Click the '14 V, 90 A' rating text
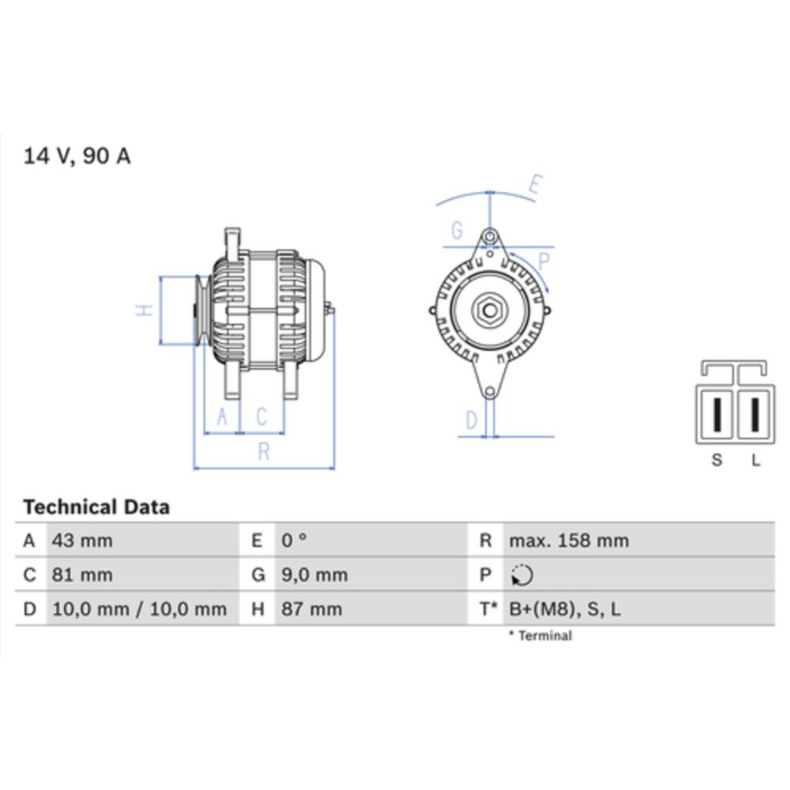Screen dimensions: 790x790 coord(77,156)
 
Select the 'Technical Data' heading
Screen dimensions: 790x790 coord(96,506)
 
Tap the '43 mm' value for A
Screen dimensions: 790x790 coord(82,541)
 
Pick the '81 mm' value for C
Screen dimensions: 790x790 coord(82,575)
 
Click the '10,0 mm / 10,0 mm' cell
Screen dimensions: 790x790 coord(139,609)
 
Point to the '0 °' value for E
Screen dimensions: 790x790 coord(294,541)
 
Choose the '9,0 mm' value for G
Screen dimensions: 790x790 coord(314,575)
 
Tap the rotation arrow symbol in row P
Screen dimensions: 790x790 coord(522,576)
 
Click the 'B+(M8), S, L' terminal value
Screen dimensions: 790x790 coord(565,609)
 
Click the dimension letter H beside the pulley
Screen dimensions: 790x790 coord(143,310)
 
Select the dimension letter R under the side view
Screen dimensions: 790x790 coord(264,452)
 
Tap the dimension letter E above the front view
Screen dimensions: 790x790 coord(535,186)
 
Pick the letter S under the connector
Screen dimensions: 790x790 coord(717,460)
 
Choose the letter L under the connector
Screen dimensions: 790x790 coord(755,460)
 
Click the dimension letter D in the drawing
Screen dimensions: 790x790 coord(472,420)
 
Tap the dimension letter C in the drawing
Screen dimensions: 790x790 coord(261,416)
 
